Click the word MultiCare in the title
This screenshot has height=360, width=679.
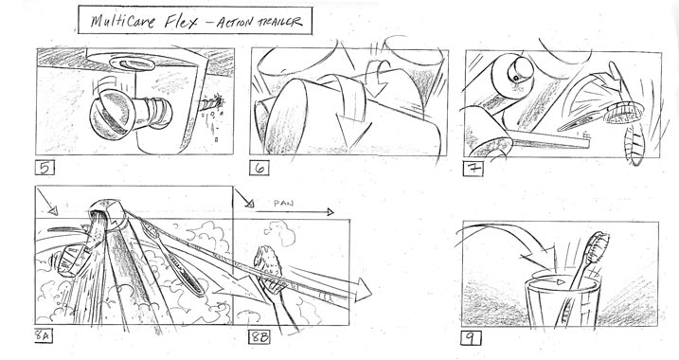click(x=122, y=21)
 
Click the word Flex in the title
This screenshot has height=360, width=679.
click(x=181, y=21)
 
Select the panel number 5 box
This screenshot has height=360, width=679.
click(x=45, y=168)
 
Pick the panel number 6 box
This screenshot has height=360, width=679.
click(x=259, y=168)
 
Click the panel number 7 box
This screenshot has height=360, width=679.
click(x=474, y=168)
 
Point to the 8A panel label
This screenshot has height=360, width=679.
click(x=43, y=336)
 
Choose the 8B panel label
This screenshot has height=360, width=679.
click(x=259, y=336)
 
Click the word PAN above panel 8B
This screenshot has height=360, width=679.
click(x=284, y=203)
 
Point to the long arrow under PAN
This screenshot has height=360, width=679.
click(x=295, y=212)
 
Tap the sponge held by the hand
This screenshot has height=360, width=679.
click(x=268, y=261)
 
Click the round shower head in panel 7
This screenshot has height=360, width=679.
click(x=623, y=113)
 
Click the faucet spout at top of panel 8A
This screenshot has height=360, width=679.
click(x=106, y=214)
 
